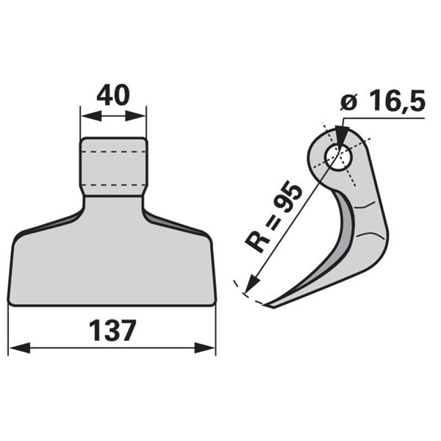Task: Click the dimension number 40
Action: coord(113,95)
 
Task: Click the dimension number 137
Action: coord(112,331)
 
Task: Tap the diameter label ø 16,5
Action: coord(383,101)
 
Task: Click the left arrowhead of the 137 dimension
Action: coord(20,348)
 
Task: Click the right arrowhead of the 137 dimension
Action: coord(205,348)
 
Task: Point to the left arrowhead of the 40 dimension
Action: coord(91,116)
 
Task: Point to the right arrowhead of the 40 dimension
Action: coord(135,116)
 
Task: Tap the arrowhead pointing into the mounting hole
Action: coord(342,136)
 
